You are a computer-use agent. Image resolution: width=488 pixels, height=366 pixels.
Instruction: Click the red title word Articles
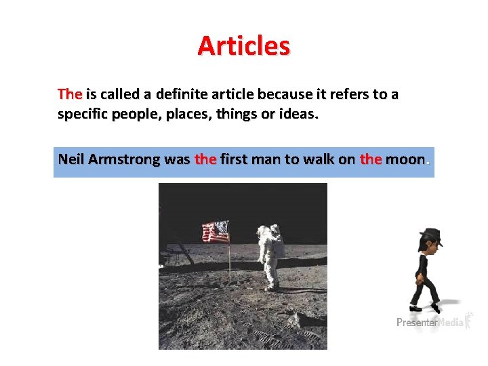pyautogui.click(x=243, y=46)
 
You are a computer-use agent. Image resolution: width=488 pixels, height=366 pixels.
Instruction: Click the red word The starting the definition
pyautogui.click(x=70, y=94)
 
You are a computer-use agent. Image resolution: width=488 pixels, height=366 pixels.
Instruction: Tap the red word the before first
pyautogui.click(x=205, y=160)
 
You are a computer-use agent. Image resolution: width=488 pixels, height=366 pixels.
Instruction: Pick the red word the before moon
pyautogui.click(x=371, y=160)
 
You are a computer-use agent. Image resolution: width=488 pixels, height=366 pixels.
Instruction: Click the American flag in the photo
pyautogui.click(x=216, y=232)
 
